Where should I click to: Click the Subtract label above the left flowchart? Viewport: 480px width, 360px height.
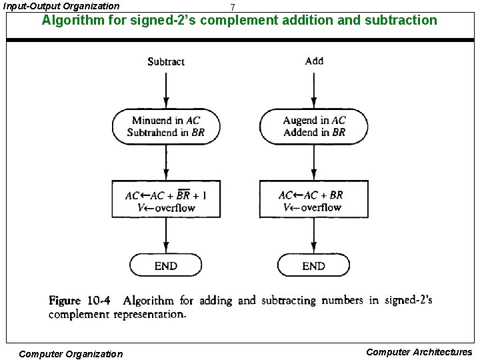165,62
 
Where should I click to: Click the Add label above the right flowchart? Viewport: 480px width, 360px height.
314,61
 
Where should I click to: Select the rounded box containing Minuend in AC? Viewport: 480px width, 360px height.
165,126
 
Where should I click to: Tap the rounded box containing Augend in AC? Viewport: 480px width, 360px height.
314,126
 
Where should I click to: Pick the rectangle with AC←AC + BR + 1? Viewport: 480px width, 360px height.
165,201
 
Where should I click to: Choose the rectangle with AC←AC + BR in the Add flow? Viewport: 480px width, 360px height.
314,201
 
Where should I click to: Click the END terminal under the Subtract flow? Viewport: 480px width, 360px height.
165,265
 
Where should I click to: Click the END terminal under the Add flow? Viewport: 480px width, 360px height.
314,265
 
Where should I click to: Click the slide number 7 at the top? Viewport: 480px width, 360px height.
232,7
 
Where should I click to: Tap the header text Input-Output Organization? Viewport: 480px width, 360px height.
61,6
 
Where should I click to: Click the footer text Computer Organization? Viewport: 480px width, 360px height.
71,354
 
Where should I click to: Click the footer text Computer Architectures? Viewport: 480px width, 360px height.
419,352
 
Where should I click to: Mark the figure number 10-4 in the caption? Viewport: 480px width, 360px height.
97,301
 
